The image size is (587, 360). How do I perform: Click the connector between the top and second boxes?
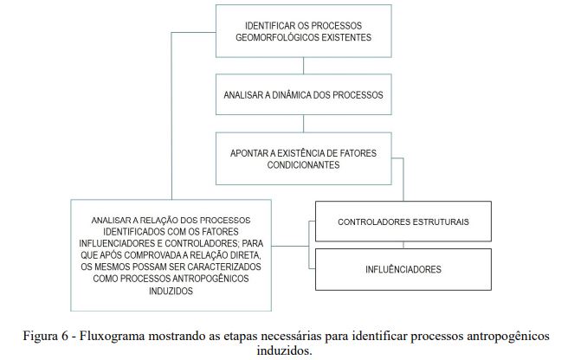tap(302, 66)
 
